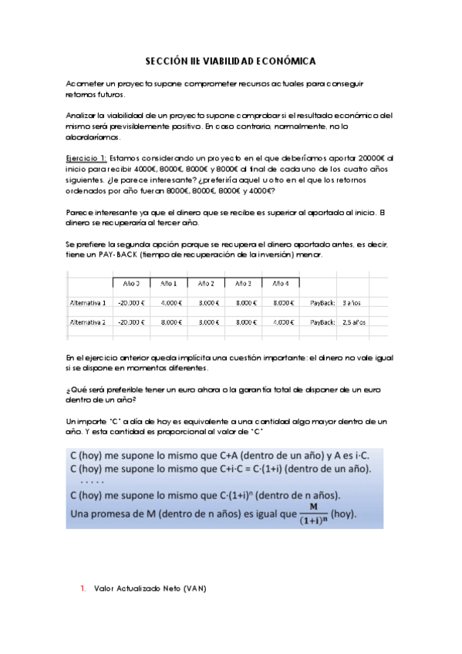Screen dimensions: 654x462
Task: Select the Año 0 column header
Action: (x=131, y=283)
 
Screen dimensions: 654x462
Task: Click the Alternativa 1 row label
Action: (x=87, y=303)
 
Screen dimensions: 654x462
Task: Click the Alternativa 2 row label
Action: (x=87, y=323)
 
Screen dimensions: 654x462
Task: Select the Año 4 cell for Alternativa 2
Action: (x=282, y=323)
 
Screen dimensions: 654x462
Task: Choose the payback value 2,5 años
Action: (x=353, y=323)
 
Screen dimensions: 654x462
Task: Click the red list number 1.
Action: (x=83, y=588)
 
